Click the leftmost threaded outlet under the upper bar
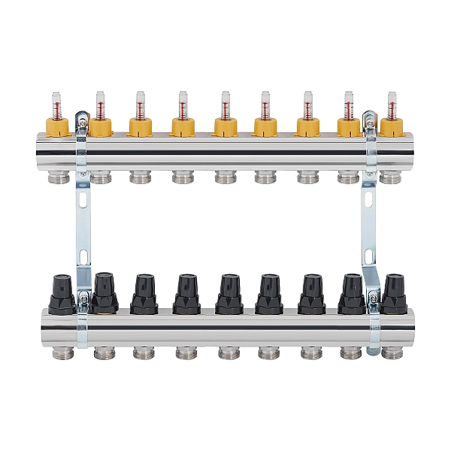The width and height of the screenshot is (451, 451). click(58, 177)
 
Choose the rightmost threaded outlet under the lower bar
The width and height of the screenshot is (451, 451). click(392, 350)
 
